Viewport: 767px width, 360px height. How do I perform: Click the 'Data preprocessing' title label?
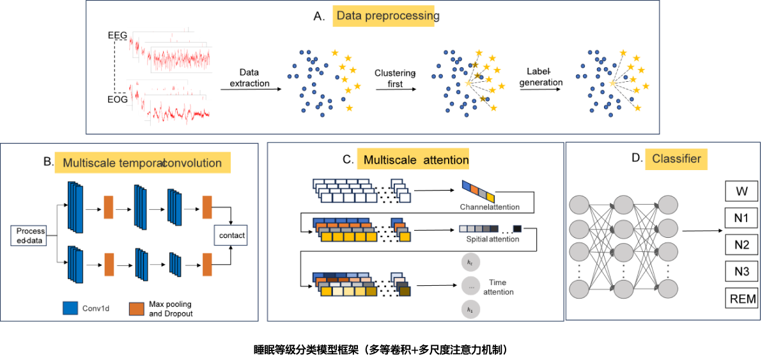[x=385, y=16]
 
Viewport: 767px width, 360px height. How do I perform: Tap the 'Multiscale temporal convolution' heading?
[x=142, y=163]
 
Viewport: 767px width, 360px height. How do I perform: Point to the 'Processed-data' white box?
[x=29, y=236]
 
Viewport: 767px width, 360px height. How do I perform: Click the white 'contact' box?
[x=231, y=235]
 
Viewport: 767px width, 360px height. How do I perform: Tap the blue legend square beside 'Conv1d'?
[x=70, y=308]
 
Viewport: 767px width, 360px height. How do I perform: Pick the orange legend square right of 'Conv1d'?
[x=136, y=309]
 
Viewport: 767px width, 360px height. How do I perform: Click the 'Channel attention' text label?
[x=490, y=207]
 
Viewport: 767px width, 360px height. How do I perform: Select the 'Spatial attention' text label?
[x=490, y=239]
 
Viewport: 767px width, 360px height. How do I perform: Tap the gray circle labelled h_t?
[x=470, y=263]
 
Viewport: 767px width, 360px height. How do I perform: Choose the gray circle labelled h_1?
[x=470, y=309]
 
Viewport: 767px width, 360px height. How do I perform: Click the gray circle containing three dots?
[x=470, y=286]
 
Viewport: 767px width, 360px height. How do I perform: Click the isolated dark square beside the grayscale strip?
[x=517, y=228]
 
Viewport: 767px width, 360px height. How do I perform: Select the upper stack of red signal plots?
[x=169, y=50]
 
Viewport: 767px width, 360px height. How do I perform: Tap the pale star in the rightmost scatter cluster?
[x=612, y=83]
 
